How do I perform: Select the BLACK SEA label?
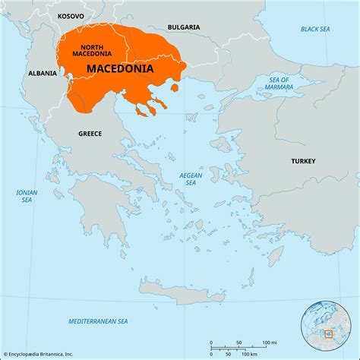(x=314, y=29)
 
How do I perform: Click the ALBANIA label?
(x=43, y=74)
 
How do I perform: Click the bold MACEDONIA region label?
(x=120, y=68)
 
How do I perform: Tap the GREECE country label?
(x=90, y=134)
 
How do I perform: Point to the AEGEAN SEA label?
(x=191, y=178)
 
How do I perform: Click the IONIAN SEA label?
(x=27, y=196)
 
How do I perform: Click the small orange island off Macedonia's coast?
(x=175, y=88)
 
